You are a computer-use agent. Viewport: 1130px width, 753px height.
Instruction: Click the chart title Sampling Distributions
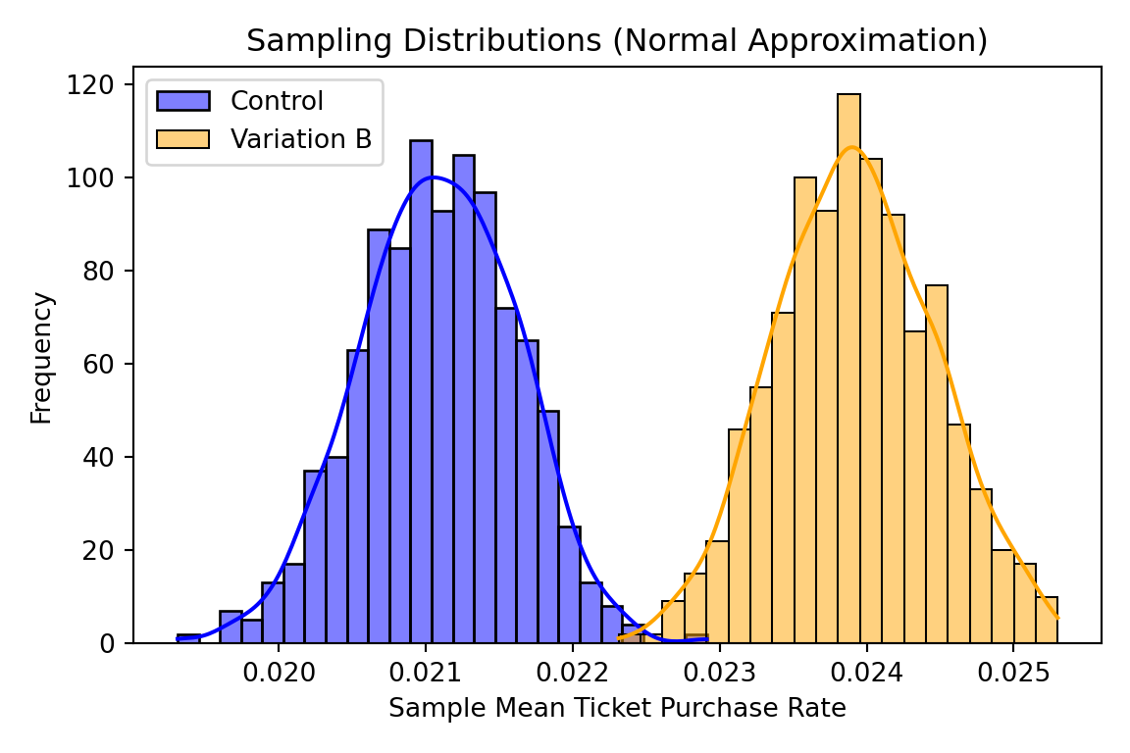click(x=616, y=40)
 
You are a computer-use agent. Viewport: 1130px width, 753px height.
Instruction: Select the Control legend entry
click(x=277, y=101)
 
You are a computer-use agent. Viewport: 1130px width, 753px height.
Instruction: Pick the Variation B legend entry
click(x=300, y=139)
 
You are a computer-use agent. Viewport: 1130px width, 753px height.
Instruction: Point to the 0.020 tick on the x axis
click(x=280, y=676)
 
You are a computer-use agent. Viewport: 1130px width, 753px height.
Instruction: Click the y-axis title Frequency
click(x=41, y=357)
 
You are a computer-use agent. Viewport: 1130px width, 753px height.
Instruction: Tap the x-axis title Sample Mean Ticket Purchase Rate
click(x=617, y=709)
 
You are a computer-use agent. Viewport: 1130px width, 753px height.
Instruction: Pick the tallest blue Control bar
click(x=421, y=392)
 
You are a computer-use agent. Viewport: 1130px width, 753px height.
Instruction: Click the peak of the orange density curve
click(x=851, y=147)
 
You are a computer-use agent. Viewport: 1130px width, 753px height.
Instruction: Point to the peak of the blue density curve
click(x=433, y=177)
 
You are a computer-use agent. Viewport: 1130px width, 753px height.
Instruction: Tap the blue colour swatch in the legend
click(x=182, y=101)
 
